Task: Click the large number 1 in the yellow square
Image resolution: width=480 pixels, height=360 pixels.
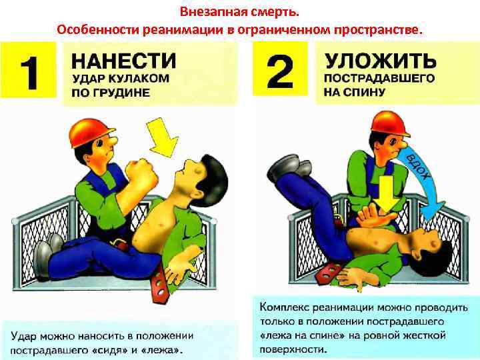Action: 30,73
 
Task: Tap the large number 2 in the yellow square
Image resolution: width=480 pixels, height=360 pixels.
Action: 280,72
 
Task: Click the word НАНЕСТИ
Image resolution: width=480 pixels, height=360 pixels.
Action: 124,61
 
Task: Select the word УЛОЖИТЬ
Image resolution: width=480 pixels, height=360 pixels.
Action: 381,61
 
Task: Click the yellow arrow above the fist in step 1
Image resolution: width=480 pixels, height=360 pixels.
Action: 162,137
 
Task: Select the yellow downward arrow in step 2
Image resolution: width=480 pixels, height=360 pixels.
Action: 386,195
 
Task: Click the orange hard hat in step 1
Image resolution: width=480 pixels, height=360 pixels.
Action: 91,132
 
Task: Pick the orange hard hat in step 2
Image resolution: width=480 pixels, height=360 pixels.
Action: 389,123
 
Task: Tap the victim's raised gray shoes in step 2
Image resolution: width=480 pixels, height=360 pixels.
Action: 289,168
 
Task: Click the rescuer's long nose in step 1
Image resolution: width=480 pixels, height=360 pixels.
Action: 111,141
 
